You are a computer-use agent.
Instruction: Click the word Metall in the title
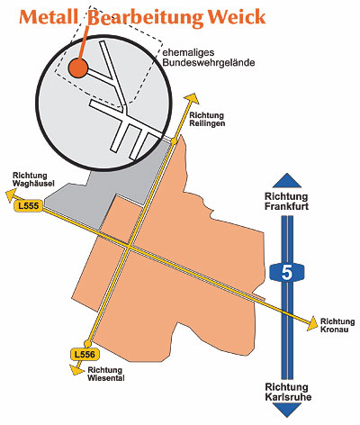[x=49, y=17]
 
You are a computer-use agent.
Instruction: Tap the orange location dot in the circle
[x=77, y=68]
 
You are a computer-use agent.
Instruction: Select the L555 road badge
[x=29, y=206]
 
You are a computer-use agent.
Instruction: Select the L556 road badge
[x=85, y=355]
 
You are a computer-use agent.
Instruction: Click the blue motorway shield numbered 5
[x=287, y=273]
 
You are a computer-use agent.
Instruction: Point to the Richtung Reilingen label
[x=207, y=119]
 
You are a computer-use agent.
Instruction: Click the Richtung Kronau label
[x=337, y=325]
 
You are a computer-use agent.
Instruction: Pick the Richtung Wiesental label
[x=106, y=374]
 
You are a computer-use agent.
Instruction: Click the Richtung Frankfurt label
[x=286, y=202]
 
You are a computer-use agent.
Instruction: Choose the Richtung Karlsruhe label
[x=288, y=392]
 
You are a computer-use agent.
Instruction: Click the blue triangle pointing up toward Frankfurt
[x=287, y=182]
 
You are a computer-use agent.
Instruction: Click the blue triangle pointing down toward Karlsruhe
[x=287, y=410]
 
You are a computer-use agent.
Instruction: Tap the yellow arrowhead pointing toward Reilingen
[x=192, y=99]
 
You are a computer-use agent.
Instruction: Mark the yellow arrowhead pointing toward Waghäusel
[x=12, y=195]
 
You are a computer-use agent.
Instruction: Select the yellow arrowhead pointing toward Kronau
[x=312, y=323]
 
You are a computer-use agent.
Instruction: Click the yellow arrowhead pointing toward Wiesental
[x=76, y=369]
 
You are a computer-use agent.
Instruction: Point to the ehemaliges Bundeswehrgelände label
[x=209, y=58]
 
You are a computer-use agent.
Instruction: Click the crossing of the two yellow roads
[x=129, y=247]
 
